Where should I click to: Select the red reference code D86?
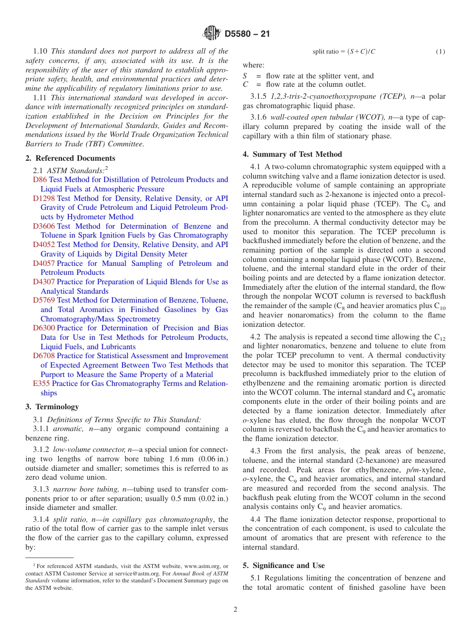(x=40, y=180)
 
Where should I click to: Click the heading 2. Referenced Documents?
(x=70, y=158)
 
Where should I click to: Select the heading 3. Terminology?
(x=52, y=407)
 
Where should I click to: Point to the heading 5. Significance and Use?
(x=284, y=566)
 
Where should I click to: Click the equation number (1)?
(x=440, y=52)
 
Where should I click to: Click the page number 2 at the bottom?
(x=235, y=610)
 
